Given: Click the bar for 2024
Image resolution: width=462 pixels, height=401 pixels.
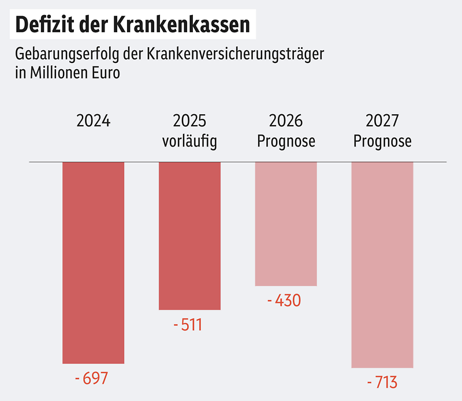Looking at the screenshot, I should pyautogui.click(x=93, y=263).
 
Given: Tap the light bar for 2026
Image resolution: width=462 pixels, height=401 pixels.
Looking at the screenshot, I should pyautogui.click(x=286, y=224).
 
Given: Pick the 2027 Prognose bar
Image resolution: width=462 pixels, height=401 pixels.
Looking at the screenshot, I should pyautogui.click(x=382, y=264).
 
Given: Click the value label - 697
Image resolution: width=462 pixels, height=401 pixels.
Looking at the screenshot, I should pyautogui.click(x=92, y=379).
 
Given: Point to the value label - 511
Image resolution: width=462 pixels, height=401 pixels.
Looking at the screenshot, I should pyautogui.click(x=188, y=325).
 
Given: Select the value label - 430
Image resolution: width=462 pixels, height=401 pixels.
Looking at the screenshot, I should pyautogui.click(x=284, y=301).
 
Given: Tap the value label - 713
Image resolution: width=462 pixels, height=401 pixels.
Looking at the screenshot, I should pyautogui.click(x=382, y=383).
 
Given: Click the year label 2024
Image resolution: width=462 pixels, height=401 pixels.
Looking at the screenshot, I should pyautogui.click(x=93, y=121).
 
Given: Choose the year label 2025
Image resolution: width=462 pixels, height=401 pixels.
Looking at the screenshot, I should pyautogui.click(x=189, y=121).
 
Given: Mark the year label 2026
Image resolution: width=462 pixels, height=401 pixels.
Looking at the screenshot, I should pyautogui.click(x=286, y=121).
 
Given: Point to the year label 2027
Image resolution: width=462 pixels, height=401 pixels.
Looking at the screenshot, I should pyautogui.click(x=382, y=121).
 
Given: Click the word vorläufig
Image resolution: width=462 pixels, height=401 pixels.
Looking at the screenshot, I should pyautogui.click(x=189, y=141).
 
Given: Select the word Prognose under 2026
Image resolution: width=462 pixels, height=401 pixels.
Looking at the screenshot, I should pyautogui.click(x=286, y=141).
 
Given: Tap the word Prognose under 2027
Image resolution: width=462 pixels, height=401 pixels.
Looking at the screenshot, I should pyautogui.click(x=382, y=141).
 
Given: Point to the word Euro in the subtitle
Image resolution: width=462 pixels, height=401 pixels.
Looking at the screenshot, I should pyautogui.click(x=106, y=73).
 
